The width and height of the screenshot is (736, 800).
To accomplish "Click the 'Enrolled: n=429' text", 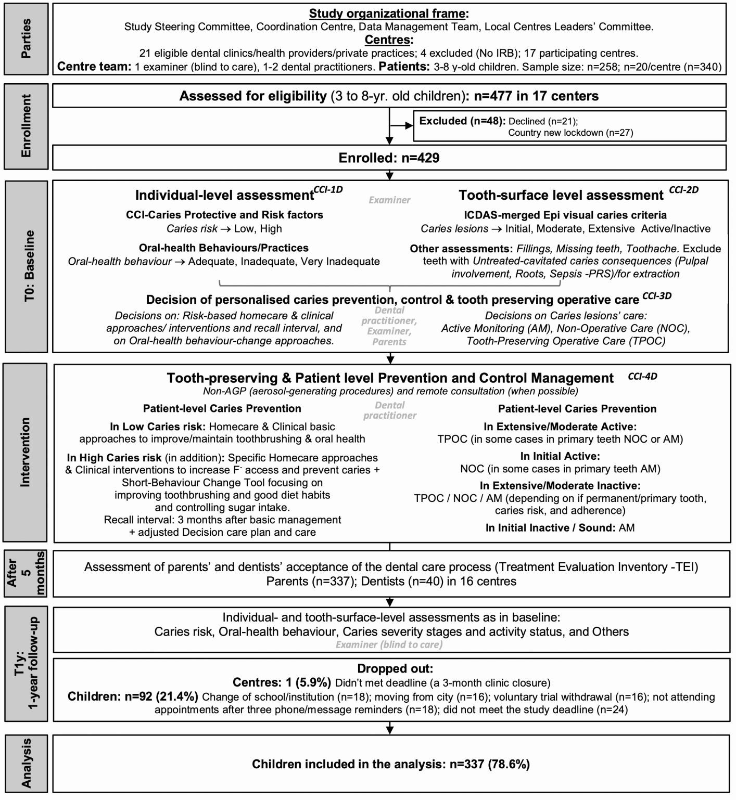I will pos(389,158).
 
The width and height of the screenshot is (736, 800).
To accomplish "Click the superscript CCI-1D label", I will pos(328,190).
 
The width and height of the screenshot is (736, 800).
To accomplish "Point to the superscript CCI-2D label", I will pos(683,190).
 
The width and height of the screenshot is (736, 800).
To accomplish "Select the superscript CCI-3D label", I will pos(657,296).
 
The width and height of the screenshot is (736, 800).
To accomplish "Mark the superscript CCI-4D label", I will pos(642,376).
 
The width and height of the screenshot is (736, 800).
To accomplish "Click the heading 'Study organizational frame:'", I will pos(389,14).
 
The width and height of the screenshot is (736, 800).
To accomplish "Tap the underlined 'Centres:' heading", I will pos(389,40).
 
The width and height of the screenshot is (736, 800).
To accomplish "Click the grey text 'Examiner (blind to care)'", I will pos(389,644).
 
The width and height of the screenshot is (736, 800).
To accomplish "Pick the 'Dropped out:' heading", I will pos(395,668).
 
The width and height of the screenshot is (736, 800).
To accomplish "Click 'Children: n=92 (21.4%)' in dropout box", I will pos(133,696).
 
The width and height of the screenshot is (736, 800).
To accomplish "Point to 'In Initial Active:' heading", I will pos(560,456).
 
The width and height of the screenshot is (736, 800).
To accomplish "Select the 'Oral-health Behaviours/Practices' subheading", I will pos(223,248).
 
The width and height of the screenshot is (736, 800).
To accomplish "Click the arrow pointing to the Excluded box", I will pos(401,125).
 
